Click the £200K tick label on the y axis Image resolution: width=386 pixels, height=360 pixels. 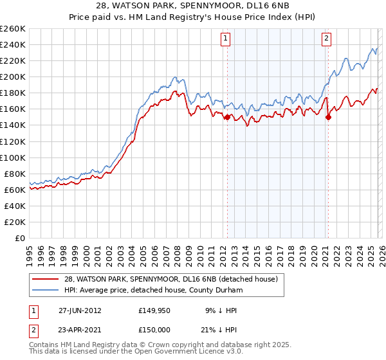pos(12,76)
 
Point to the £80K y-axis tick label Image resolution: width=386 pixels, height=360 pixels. pos(14,174)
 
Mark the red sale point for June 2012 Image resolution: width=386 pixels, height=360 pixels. pos(227,117)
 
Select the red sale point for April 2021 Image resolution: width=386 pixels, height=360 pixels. pos(328,117)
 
